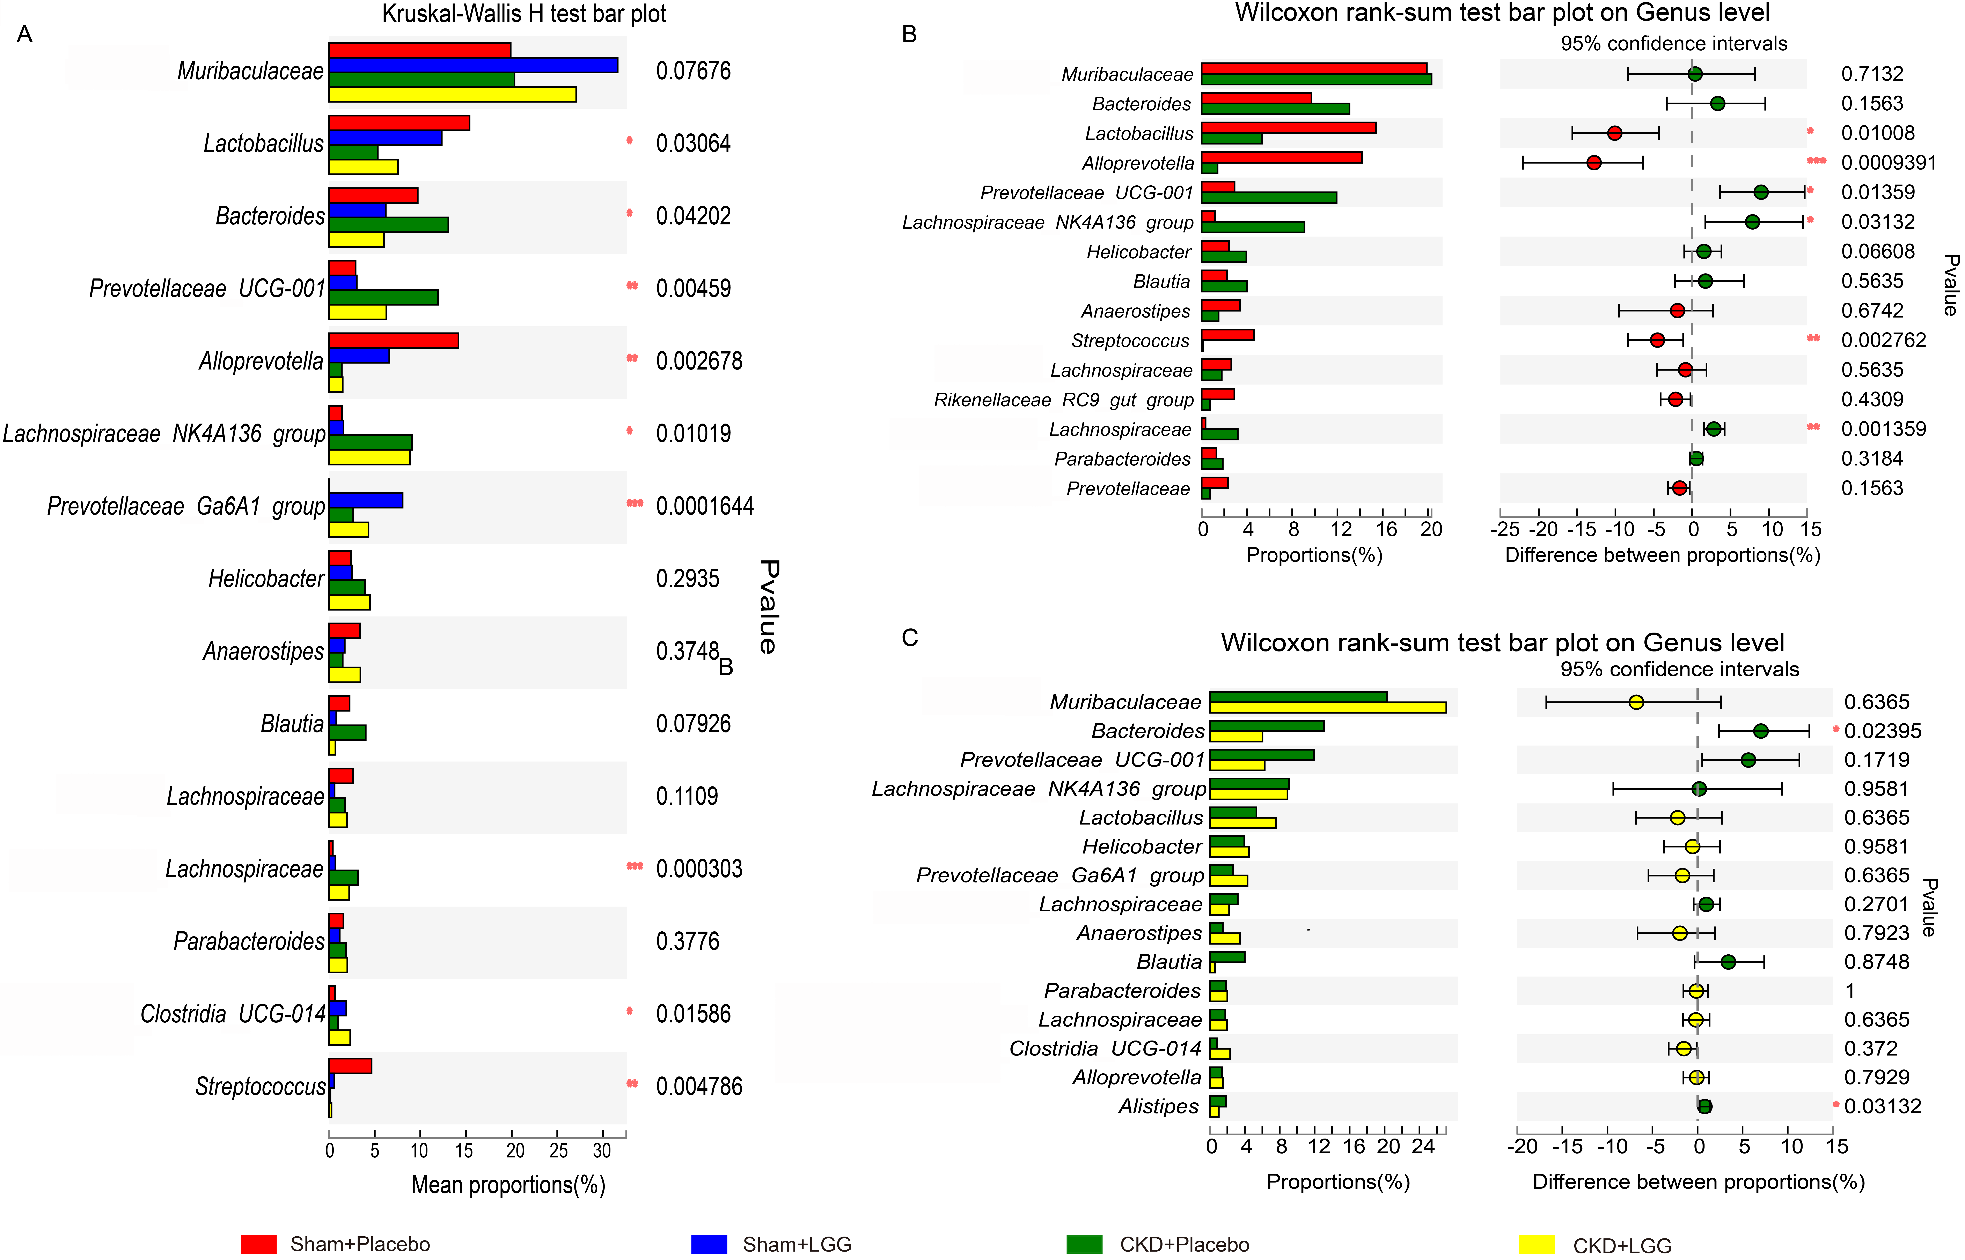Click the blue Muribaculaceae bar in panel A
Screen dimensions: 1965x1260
coord(473,65)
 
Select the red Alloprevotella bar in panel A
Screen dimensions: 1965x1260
coord(394,340)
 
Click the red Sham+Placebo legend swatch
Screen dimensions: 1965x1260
coord(259,1244)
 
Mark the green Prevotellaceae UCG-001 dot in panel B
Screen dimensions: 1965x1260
coord(1760,192)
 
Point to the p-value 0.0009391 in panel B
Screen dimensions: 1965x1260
coord(1889,163)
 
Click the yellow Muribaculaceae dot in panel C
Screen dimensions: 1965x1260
coord(1636,702)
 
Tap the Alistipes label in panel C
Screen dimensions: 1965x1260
coord(1158,1106)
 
